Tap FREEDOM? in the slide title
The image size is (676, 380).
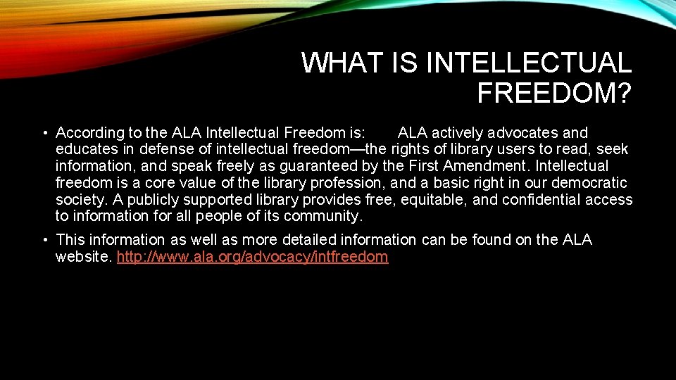pyautogui.click(x=554, y=93)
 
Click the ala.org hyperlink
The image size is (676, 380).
pyautogui.click(x=252, y=257)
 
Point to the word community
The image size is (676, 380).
pyautogui.click(x=325, y=216)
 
